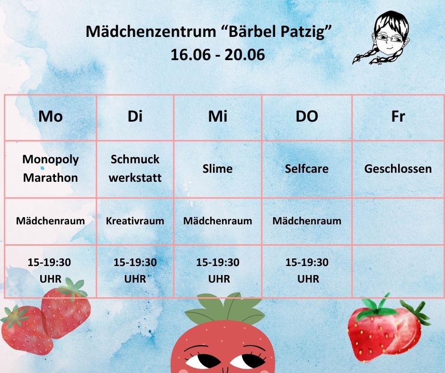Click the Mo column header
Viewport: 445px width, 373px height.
[x=51, y=116]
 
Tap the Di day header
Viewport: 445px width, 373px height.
[x=135, y=116]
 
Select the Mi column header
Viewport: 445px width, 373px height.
[x=218, y=116]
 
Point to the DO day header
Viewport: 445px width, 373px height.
[x=307, y=116]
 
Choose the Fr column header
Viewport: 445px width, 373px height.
[x=398, y=116]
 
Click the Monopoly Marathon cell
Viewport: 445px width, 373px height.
[x=51, y=169]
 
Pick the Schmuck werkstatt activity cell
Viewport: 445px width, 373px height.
[x=135, y=169]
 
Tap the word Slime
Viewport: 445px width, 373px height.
[x=218, y=169]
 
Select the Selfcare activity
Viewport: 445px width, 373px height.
[x=307, y=169]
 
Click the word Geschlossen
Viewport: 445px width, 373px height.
[x=398, y=169]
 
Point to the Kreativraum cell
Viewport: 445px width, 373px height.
[x=135, y=221]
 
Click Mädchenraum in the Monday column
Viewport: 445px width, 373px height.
[x=51, y=221]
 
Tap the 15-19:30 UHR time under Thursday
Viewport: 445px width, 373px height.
[x=307, y=270]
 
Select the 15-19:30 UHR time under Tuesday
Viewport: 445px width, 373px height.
[x=135, y=270]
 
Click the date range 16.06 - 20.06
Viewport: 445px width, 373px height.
[x=218, y=54]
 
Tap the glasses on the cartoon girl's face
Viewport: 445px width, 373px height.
[x=389, y=37]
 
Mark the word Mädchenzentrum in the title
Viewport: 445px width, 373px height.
[x=151, y=31]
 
